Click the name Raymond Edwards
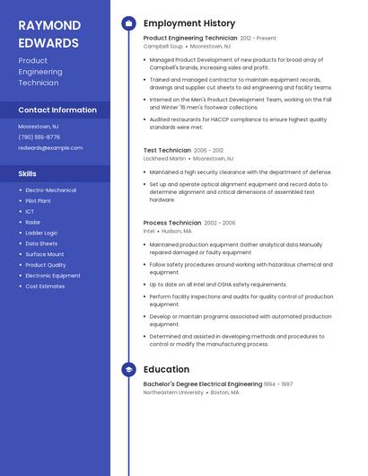pos(48,33)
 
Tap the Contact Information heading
pos(57,110)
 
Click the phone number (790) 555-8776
pos(39,137)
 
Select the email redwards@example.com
pos(50,148)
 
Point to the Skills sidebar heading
pos(28,173)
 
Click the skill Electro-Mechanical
pos(50,190)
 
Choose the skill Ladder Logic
pos(41,233)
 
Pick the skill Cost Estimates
pos(45,286)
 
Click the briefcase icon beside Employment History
pos(128,23)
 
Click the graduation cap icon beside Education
pos(128,369)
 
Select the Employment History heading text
pos(189,23)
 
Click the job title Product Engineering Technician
pos(190,39)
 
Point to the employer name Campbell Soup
pos(163,47)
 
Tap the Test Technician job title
pos(167,150)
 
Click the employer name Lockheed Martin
pos(165,158)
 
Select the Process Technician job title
pos(172,223)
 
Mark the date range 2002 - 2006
pos(220,223)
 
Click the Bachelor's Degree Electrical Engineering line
pos(203,384)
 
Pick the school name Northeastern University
pos(173,392)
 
